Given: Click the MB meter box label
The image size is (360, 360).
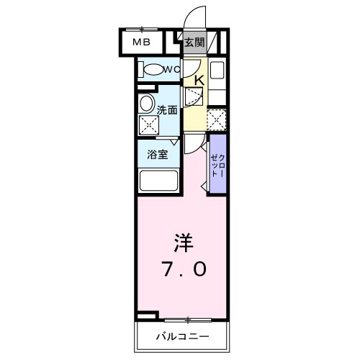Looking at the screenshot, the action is pyautogui.click(x=142, y=42).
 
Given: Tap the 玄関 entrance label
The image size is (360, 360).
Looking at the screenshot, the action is pyautogui.click(x=194, y=42).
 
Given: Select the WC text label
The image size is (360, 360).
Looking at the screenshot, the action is pyautogui.click(x=172, y=70).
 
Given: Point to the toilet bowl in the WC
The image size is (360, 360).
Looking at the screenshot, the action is pyautogui.click(x=153, y=70).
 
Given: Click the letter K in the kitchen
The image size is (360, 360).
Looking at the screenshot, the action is pyautogui.click(x=199, y=81).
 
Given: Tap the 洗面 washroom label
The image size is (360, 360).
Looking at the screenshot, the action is pyautogui.click(x=167, y=110).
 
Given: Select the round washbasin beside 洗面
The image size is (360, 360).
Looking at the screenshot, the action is pyautogui.click(x=146, y=104).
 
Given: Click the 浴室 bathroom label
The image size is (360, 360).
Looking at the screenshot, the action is pyautogui.click(x=158, y=155).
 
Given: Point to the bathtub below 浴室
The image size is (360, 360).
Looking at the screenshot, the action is pyautogui.click(x=159, y=181).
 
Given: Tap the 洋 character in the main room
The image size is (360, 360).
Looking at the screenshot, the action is pyautogui.click(x=184, y=243).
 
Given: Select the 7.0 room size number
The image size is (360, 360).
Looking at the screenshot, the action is pyautogui.click(x=185, y=269).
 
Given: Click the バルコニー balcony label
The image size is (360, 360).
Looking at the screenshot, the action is pyautogui.click(x=183, y=336).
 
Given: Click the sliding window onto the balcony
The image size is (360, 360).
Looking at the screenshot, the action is pyautogui.click(x=188, y=320).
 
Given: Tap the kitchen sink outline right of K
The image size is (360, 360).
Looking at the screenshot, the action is pyautogui.click(x=217, y=70).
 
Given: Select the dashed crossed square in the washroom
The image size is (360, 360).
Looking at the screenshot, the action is pyautogui.click(x=149, y=125).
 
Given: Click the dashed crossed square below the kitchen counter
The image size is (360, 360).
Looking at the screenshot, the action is pyautogui.click(x=217, y=120).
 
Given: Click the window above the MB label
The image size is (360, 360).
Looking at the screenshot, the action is pyautogui.click(x=142, y=30).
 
